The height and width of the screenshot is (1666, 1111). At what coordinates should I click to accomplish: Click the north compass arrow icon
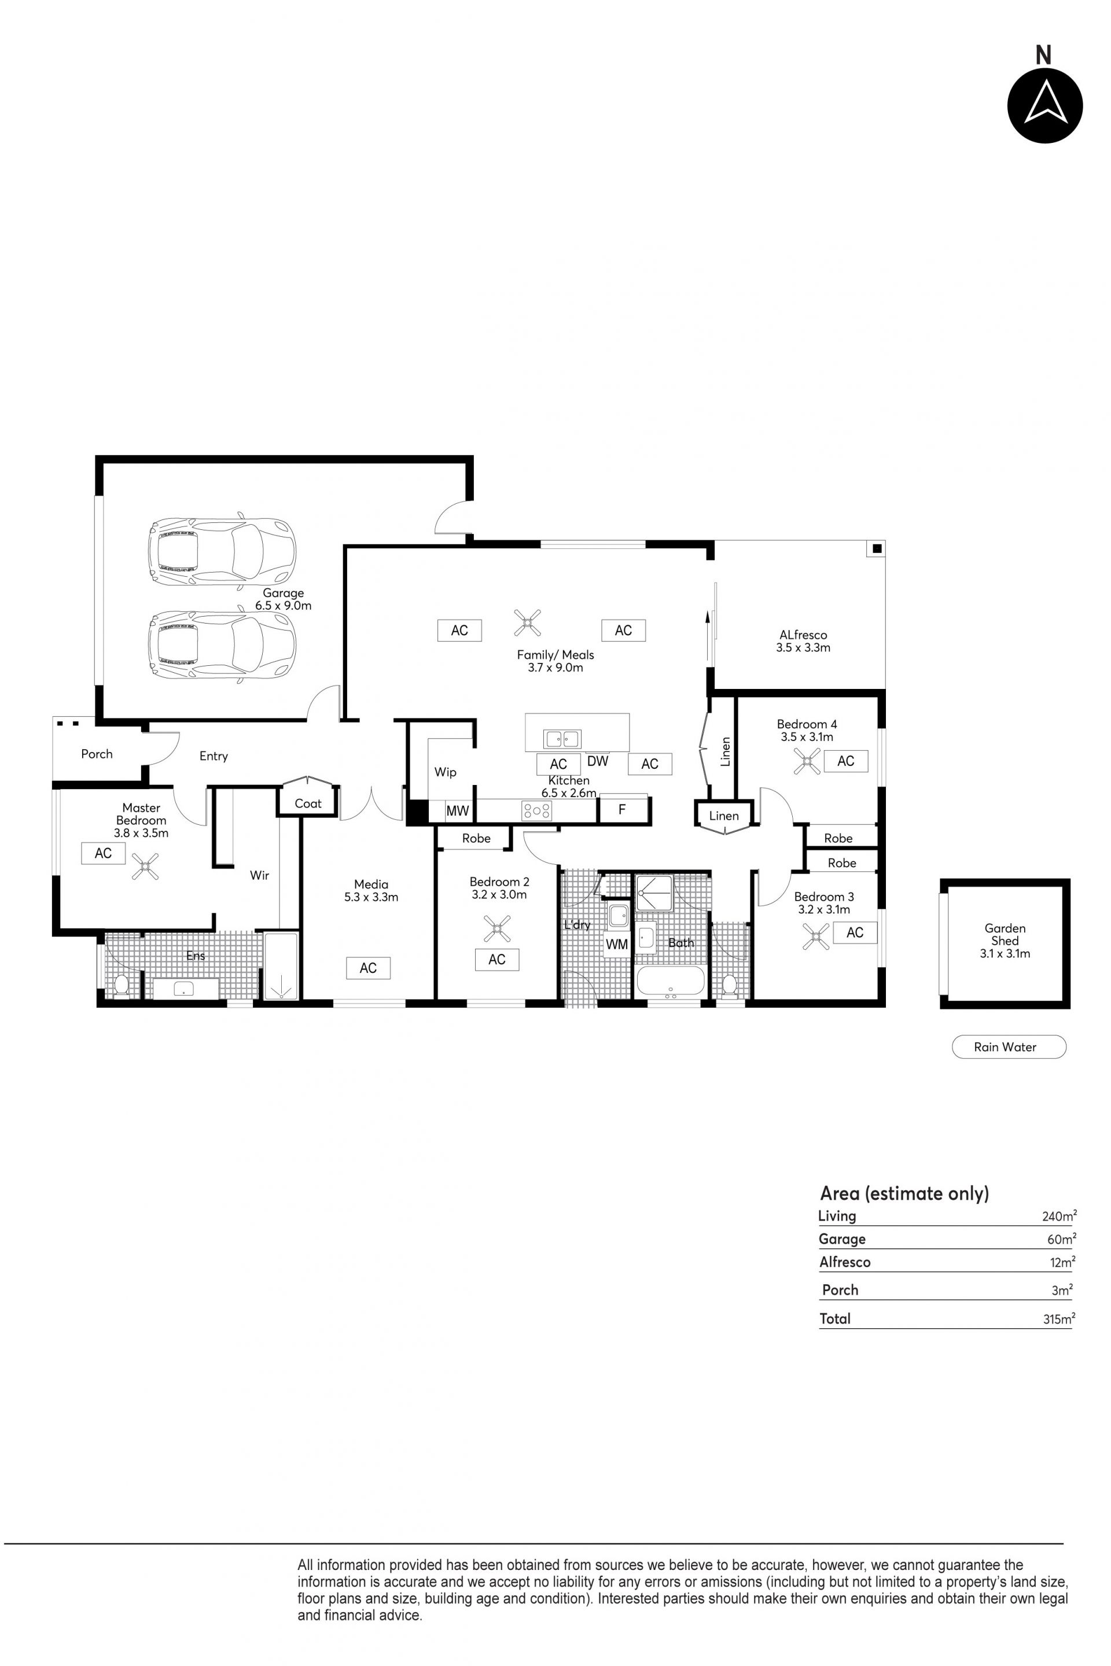click(x=1045, y=105)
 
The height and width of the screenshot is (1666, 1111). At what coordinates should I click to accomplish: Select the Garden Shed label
click(x=1005, y=934)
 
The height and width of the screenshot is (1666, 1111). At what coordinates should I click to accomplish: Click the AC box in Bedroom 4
click(x=846, y=761)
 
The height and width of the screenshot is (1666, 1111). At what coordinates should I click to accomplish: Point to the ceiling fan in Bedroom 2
click(x=496, y=928)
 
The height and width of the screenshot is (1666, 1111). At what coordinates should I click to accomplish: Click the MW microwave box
click(x=457, y=811)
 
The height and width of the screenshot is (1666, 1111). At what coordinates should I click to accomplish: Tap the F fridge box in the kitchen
click(x=623, y=810)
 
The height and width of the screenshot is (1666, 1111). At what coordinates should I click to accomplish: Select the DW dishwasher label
click(x=598, y=761)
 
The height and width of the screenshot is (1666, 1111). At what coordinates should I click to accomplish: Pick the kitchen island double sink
click(x=562, y=739)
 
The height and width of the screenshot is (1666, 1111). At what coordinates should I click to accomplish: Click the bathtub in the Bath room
click(x=670, y=982)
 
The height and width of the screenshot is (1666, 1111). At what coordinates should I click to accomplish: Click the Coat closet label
click(x=308, y=803)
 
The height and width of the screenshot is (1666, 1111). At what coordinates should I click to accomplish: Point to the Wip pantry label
click(x=445, y=772)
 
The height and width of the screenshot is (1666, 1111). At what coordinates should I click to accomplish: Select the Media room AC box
click(x=369, y=968)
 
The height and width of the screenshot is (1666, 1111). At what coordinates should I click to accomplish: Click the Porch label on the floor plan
click(x=97, y=754)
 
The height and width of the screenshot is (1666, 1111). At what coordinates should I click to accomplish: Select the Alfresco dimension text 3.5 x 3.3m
click(x=804, y=647)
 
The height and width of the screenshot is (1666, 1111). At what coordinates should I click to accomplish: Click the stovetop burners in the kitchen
click(x=536, y=810)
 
